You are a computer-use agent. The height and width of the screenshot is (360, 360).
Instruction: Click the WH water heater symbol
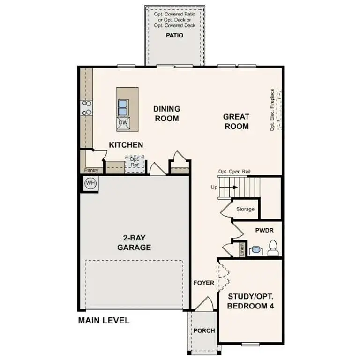click(x=90, y=183)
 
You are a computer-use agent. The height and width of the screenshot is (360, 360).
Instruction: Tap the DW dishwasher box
click(x=123, y=123)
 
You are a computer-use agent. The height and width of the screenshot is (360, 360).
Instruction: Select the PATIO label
click(x=174, y=35)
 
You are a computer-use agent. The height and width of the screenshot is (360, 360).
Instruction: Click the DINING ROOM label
click(x=166, y=113)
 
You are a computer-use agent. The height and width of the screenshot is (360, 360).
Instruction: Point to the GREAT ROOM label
click(x=236, y=121)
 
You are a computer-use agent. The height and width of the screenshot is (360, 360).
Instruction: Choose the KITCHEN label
click(x=126, y=145)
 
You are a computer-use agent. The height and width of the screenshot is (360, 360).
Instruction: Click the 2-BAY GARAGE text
click(x=134, y=242)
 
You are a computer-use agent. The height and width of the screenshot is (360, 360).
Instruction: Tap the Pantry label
click(x=90, y=170)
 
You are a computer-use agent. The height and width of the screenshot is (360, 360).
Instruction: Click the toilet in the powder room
click(x=273, y=248)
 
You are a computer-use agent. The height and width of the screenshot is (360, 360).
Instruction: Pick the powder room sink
click(x=256, y=250)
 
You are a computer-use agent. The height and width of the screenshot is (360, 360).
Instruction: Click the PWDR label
click(x=264, y=231)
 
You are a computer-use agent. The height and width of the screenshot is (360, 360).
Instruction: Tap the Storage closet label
click(x=245, y=209)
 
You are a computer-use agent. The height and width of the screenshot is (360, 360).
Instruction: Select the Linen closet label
click(x=242, y=249)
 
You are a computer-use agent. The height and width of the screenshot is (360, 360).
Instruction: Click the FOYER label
click(x=203, y=283)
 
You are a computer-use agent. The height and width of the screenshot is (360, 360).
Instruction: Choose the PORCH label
click(x=204, y=330)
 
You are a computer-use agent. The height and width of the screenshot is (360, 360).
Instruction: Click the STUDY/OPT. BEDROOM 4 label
click(x=251, y=301)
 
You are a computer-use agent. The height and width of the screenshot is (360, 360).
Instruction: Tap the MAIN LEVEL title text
click(x=103, y=321)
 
